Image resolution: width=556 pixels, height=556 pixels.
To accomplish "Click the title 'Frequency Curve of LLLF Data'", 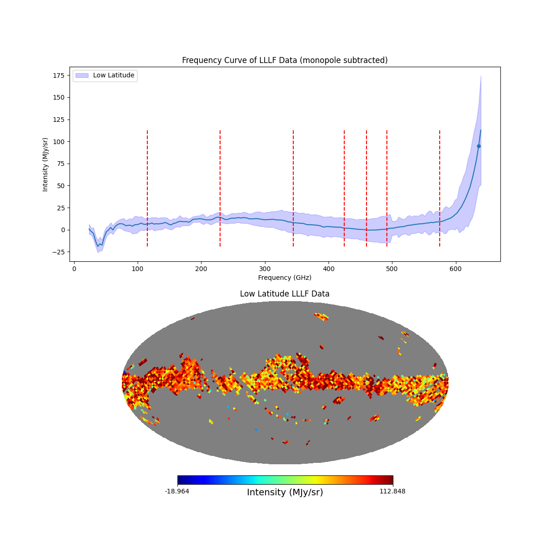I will tap(284, 60).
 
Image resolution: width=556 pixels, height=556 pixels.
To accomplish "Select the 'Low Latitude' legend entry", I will tap(114, 76).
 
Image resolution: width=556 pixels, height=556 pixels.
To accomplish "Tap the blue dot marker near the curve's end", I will tap(479, 146).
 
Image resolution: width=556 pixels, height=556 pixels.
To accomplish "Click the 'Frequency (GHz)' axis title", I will tap(284, 278).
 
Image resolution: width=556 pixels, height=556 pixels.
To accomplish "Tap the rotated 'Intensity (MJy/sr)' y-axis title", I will tap(45, 164).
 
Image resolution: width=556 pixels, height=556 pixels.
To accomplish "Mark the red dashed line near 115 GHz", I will tap(147, 185).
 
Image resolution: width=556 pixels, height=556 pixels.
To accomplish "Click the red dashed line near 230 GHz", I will tap(220, 185).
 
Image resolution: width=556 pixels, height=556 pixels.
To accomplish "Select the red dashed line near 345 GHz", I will tap(293, 185).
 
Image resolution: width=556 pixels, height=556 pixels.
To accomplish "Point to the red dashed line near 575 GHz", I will tap(440, 185).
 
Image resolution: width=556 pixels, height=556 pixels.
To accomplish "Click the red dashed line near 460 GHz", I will tap(366, 185).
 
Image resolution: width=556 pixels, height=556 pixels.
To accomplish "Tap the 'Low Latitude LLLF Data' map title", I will tap(284, 294).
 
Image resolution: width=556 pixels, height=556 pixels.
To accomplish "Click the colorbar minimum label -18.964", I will tap(177, 491).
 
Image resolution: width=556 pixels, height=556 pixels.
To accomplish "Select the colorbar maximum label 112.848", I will tap(392, 491).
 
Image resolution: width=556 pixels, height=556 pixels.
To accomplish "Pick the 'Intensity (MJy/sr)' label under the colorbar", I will tap(285, 492).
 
